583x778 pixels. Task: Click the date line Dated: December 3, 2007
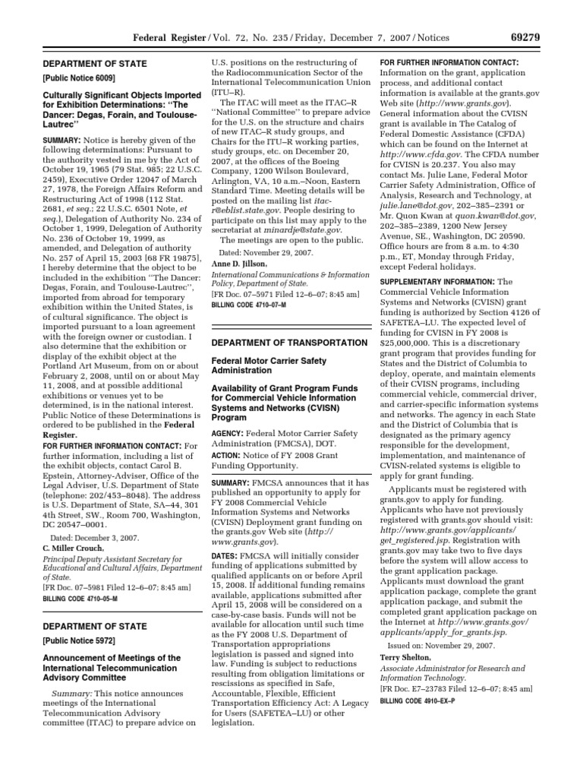click(91, 536)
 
